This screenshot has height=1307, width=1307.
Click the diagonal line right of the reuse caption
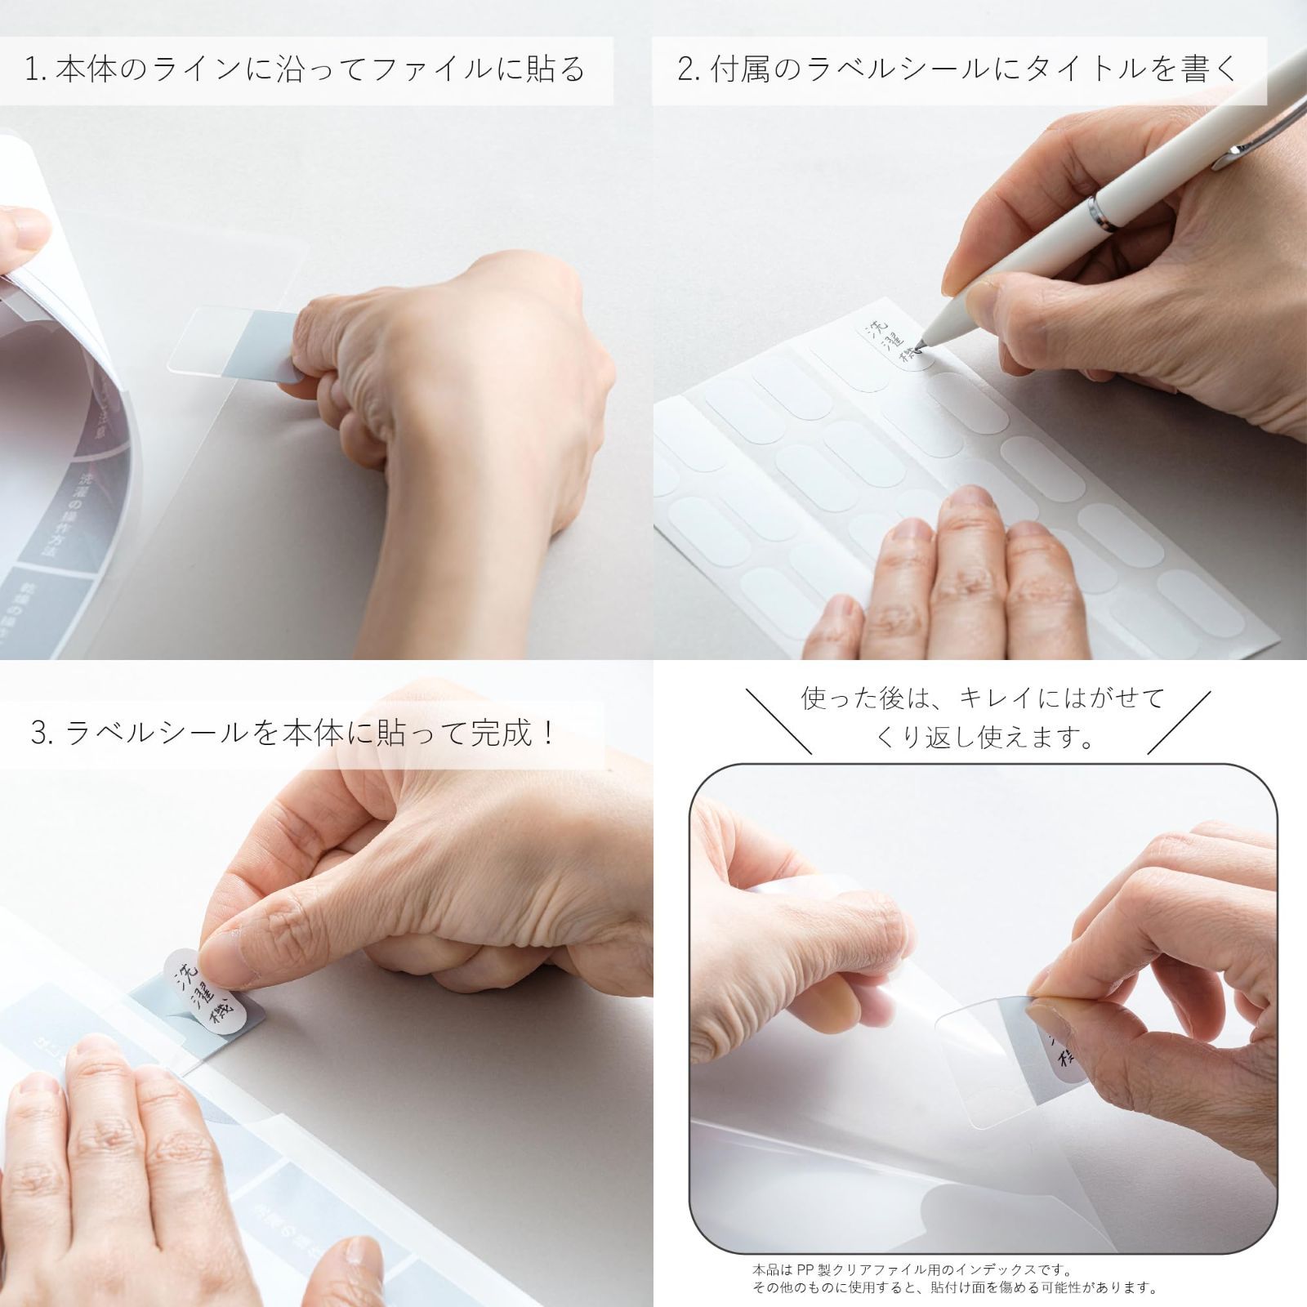click(1180, 720)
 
